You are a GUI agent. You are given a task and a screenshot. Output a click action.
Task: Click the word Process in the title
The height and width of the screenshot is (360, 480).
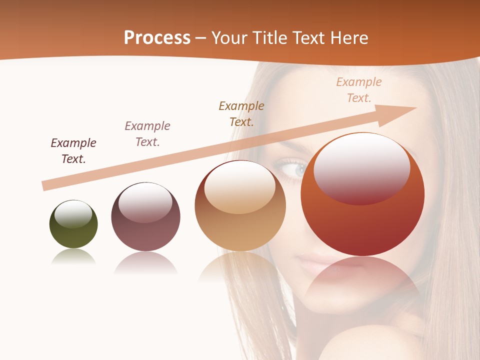pos(157,38)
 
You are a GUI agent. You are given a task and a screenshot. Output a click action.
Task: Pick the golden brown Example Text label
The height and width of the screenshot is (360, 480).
pos(241,113)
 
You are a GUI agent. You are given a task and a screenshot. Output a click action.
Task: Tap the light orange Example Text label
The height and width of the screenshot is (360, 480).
pos(359,90)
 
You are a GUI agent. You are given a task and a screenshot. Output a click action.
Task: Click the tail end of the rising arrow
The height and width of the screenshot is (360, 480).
pos(46,185)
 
